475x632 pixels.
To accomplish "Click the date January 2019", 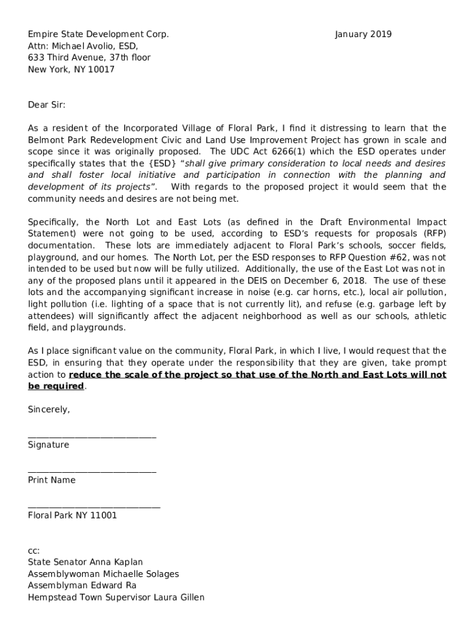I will [363, 35].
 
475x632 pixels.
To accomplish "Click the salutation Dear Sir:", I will [46, 105].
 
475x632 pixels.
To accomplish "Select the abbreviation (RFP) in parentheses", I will [431, 234].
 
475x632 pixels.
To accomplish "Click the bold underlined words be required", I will [56, 386].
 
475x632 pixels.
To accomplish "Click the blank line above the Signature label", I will [92, 437].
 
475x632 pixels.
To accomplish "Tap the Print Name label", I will [52, 480].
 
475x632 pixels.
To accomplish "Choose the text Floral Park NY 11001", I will [72, 515].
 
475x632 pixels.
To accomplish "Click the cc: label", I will [34, 551].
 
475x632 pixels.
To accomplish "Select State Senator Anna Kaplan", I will [85, 562].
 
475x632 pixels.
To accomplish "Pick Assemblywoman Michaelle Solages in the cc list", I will [103, 574].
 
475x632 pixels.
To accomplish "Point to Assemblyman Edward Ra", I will [82, 586].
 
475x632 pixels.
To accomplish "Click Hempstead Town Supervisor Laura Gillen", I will [116, 597].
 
